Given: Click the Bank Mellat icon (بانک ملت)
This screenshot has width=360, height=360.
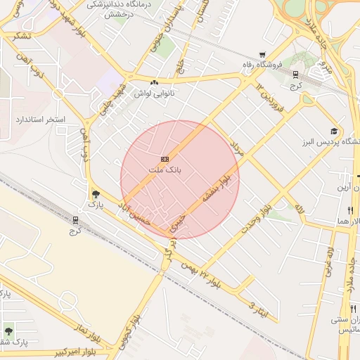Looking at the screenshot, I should pyautogui.click(x=165, y=160).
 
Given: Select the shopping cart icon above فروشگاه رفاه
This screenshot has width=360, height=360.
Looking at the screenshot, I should pyautogui.click(x=262, y=55).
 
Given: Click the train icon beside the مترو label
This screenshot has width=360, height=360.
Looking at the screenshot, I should pyautogui.click(x=295, y=74).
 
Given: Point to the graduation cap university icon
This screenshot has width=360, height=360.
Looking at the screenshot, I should pyautogui.click(x=334, y=131).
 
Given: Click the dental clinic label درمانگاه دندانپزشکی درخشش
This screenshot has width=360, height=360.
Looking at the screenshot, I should pyautogui.click(x=115, y=8).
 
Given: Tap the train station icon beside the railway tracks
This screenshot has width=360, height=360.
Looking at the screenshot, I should pyautogui.click(x=75, y=219).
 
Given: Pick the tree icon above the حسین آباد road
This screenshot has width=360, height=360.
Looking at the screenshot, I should pyautogui.click(x=95, y=193).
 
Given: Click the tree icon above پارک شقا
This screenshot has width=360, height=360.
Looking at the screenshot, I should pyautogui.click(x=8, y=330).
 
